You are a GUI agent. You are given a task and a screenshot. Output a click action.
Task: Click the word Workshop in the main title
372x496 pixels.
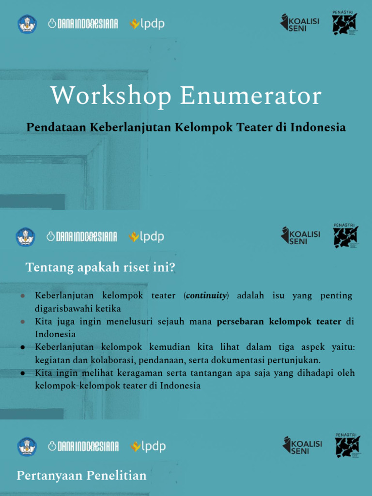point(111,96)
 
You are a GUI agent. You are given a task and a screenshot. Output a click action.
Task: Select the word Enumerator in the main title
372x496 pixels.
point(251,96)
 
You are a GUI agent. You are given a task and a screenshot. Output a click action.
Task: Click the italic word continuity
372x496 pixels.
point(206,296)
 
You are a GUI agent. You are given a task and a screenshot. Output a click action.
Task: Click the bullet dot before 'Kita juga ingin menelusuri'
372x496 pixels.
point(23,322)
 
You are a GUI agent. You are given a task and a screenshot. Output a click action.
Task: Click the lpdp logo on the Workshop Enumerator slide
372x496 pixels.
point(147,24)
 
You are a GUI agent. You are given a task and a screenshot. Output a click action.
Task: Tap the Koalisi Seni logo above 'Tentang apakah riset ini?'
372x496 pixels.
point(301,236)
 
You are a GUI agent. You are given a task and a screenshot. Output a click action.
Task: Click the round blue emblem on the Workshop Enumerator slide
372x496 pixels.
point(27,24)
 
